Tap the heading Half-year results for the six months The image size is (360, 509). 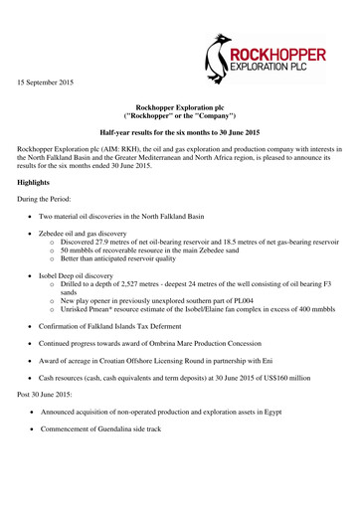point(180,131)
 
